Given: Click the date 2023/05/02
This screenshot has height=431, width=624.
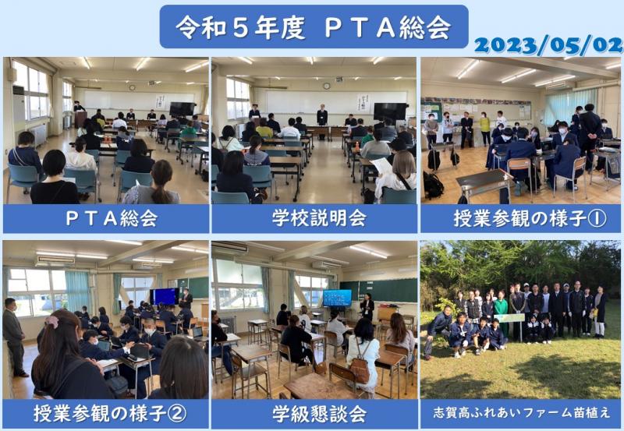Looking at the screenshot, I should click(547, 45).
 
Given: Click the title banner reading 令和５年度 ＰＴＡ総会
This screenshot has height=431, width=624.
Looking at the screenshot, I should click(314, 26).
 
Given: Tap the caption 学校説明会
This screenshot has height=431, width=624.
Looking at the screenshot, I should click(314, 219).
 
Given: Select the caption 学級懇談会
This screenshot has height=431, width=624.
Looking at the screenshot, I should click(314, 412).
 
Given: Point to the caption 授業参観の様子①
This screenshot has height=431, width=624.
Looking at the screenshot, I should click(520, 219).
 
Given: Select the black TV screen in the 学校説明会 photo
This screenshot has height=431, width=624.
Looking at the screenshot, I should click(389, 111).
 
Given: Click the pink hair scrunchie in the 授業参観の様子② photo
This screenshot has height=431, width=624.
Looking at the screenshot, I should click(51, 320).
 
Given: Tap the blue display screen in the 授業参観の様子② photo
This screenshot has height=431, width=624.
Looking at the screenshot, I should click(165, 296).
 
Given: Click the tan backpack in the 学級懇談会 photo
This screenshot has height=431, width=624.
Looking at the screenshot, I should click(360, 371).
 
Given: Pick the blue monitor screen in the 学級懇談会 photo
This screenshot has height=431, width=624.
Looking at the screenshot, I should click(337, 297).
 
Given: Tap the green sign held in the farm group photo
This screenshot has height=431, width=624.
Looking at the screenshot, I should click(511, 318).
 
